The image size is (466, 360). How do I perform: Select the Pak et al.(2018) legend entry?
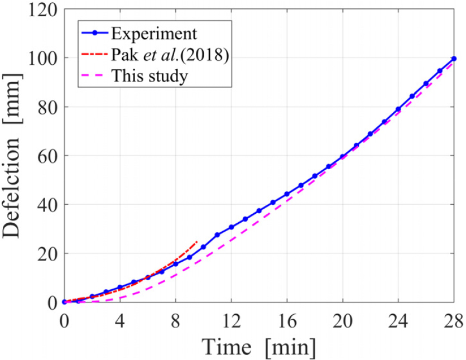click(170, 55)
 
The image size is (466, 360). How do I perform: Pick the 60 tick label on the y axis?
click(49, 156)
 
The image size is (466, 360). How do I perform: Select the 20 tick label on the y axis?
click(49, 253)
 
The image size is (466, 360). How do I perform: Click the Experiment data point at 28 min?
click(454, 59)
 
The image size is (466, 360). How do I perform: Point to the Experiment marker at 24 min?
click(398, 109)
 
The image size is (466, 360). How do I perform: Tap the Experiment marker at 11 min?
click(217, 235)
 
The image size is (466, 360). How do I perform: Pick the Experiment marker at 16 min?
click(287, 194)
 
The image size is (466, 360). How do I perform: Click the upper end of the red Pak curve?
click(197, 242)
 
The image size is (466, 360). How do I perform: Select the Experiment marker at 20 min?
click(343, 157)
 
